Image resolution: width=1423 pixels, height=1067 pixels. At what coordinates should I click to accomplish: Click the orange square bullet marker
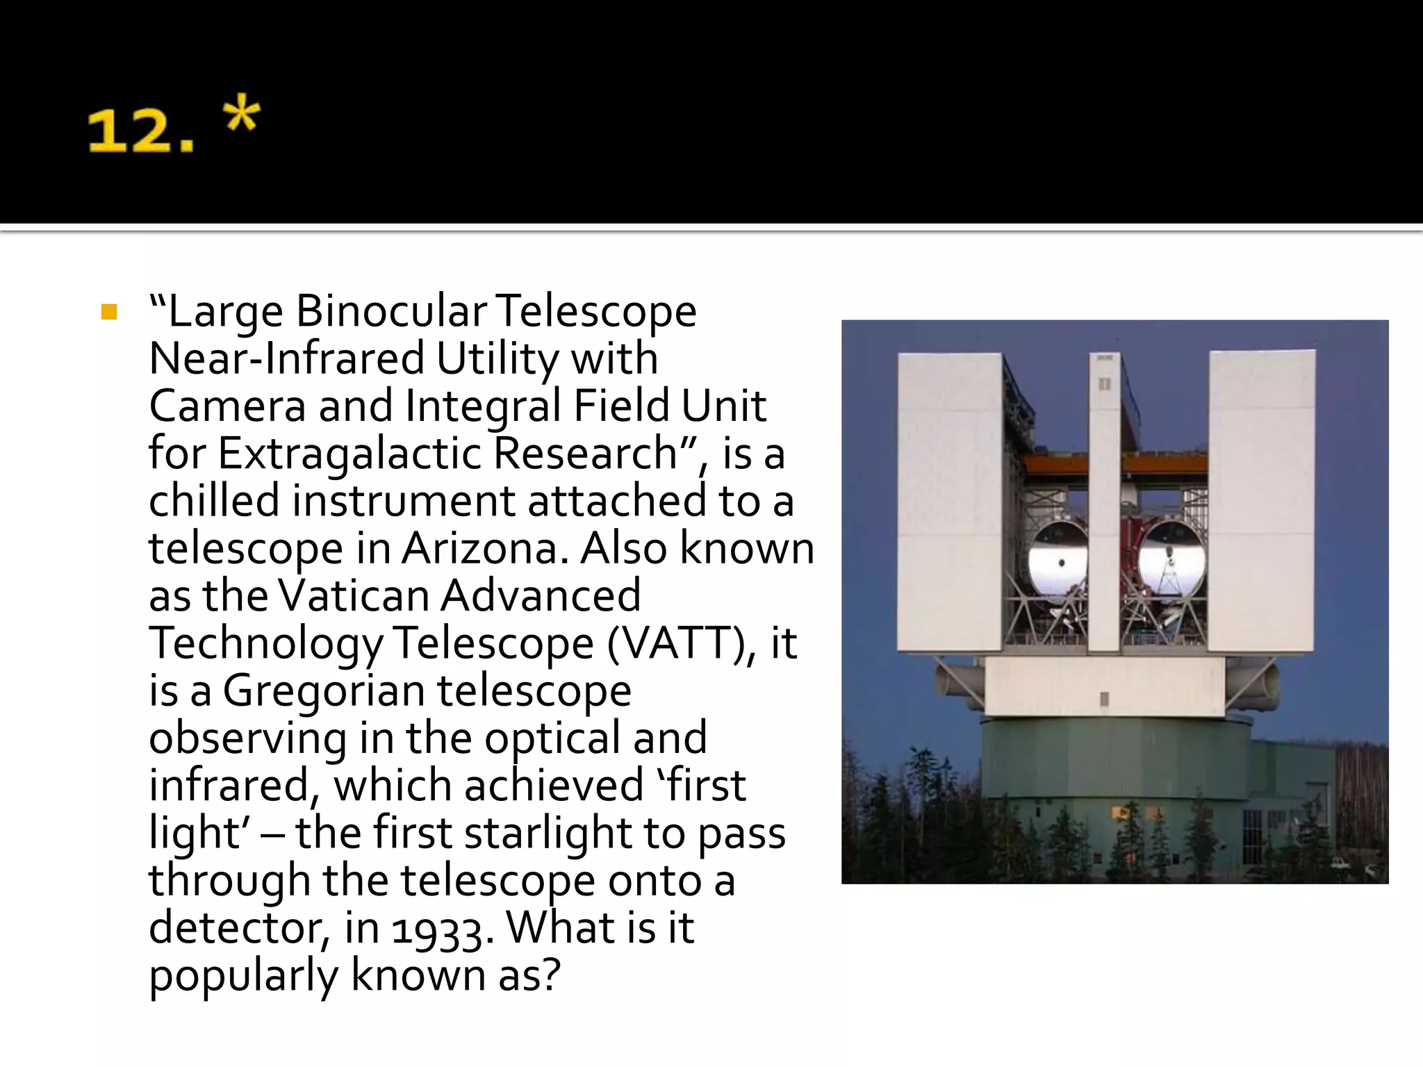(x=109, y=312)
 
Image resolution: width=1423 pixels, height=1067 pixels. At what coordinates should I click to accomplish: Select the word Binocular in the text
(x=391, y=311)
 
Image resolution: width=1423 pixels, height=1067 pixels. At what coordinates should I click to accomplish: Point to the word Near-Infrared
(x=286, y=358)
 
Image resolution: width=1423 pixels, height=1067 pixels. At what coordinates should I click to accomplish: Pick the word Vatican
(x=353, y=596)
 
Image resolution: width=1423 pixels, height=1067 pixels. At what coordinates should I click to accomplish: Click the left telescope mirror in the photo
(x=1058, y=560)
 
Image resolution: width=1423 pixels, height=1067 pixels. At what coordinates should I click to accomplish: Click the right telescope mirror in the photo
(x=1172, y=560)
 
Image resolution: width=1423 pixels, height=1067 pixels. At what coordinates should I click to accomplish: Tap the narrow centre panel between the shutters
(x=1104, y=500)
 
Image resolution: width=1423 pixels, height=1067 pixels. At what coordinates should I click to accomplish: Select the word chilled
(x=213, y=501)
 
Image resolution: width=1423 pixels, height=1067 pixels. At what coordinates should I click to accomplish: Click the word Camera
(x=227, y=406)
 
